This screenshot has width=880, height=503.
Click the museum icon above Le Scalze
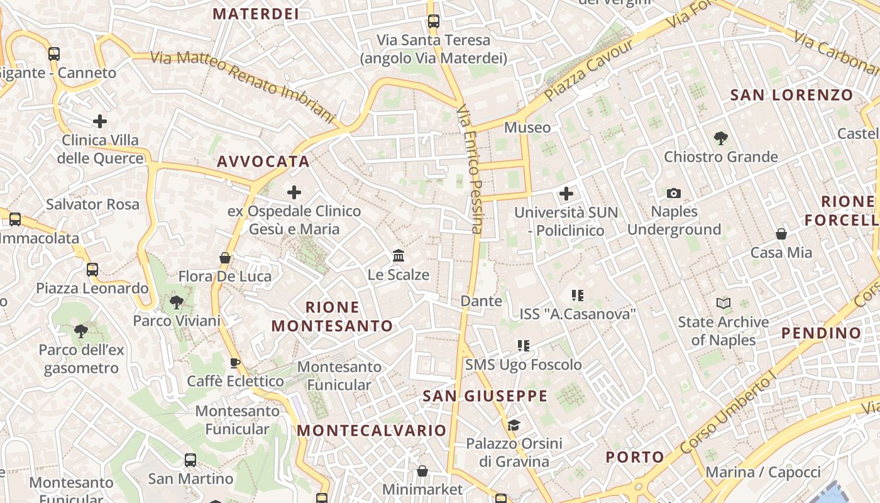(x=399, y=256)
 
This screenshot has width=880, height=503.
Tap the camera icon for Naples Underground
(x=674, y=194)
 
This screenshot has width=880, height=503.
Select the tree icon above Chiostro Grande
(x=721, y=138)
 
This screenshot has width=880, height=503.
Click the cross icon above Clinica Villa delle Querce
(x=100, y=121)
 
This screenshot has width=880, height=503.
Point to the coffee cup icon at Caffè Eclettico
(x=235, y=363)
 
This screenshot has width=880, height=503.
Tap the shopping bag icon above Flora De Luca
(x=225, y=258)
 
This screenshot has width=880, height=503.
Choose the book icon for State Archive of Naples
(x=723, y=304)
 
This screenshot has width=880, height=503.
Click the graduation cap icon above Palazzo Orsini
(x=514, y=426)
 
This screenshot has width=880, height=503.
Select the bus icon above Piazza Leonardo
(x=92, y=270)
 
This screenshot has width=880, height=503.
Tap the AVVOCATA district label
(x=263, y=162)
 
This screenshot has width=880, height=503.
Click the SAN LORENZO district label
(x=792, y=96)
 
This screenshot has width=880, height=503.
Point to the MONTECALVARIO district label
(x=371, y=431)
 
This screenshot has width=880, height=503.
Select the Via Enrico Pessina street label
(x=470, y=170)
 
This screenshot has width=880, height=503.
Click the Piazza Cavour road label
(x=589, y=70)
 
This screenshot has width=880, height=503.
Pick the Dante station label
(x=481, y=301)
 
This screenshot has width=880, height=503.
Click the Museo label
(x=527, y=128)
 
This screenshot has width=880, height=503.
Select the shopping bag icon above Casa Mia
(x=781, y=234)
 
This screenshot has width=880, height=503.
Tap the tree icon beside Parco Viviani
(x=177, y=302)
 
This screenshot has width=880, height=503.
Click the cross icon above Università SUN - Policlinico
(x=566, y=194)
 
